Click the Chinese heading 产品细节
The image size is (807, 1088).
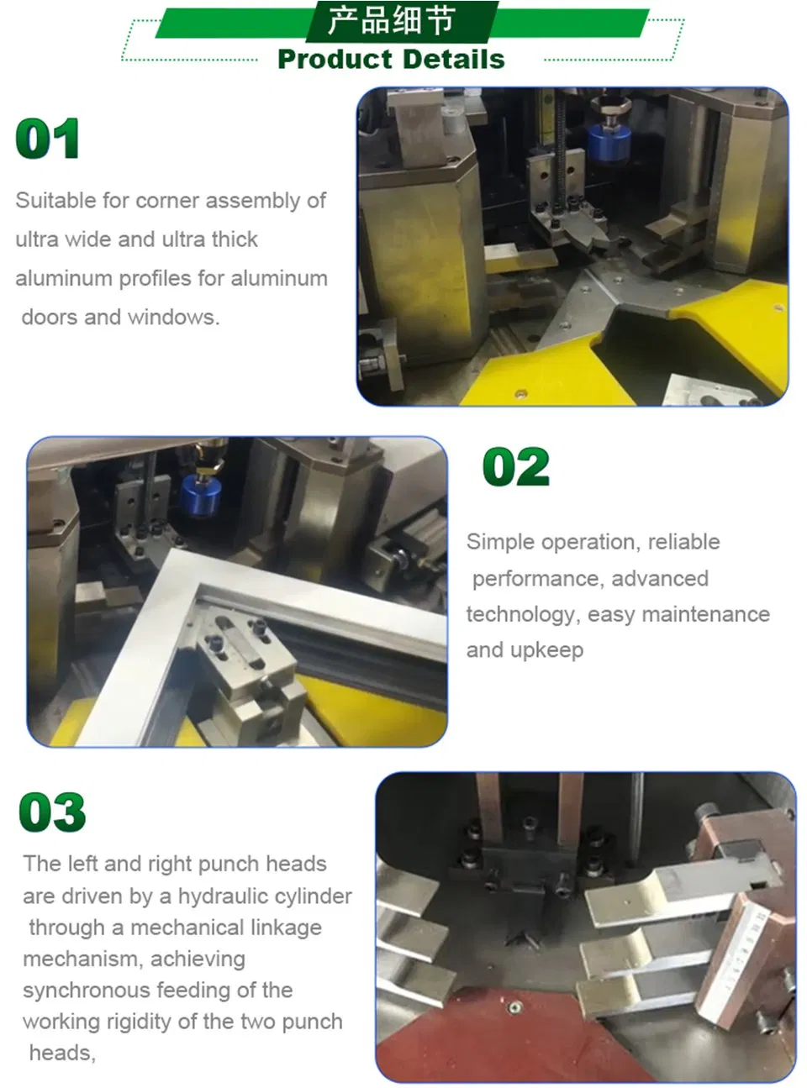pyautogui.click(x=391, y=20)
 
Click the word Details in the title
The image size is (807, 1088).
pyautogui.click(x=455, y=60)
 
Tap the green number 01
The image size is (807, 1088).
pyautogui.click(x=48, y=139)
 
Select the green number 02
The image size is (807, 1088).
pyautogui.click(x=516, y=466)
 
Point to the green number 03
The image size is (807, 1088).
pyautogui.click(x=52, y=812)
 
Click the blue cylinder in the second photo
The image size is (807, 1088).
pyautogui.click(x=201, y=497)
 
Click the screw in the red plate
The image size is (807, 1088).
pyautogui.click(x=514, y=1008)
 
